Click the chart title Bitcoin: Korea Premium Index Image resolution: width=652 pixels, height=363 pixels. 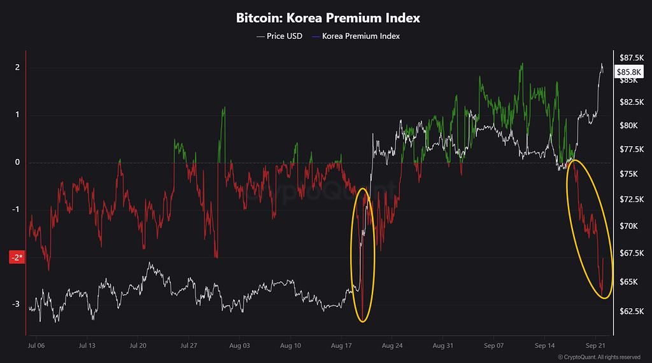point(328,18)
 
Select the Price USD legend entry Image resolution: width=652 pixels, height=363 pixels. point(280,36)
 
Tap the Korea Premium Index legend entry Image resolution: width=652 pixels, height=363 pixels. point(356,36)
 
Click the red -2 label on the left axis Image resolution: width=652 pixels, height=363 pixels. point(17,257)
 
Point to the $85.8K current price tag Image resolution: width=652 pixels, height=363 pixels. point(628,72)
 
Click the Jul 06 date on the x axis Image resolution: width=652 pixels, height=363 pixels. point(36,346)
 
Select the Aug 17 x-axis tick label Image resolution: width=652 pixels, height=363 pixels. point(341,346)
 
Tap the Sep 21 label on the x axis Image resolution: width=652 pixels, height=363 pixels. point(595,346)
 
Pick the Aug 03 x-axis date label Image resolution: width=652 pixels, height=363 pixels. point(239,346)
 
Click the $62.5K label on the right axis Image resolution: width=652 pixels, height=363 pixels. point(631,311)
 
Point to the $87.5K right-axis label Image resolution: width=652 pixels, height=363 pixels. point(631,58)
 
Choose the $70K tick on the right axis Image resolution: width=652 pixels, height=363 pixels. point(628,226)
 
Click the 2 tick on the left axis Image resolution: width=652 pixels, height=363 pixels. point(17,67)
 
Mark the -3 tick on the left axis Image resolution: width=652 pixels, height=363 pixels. point(16,304)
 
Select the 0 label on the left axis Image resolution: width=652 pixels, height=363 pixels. point(17,162)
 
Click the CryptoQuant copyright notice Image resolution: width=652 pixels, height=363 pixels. point(599,357)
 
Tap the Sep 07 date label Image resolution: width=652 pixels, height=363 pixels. point(493,346)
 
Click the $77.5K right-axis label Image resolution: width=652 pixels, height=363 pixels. point(631,149)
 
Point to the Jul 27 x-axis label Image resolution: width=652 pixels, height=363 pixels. point(188,346)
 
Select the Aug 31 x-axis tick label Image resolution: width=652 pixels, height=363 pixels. point(443,346)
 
